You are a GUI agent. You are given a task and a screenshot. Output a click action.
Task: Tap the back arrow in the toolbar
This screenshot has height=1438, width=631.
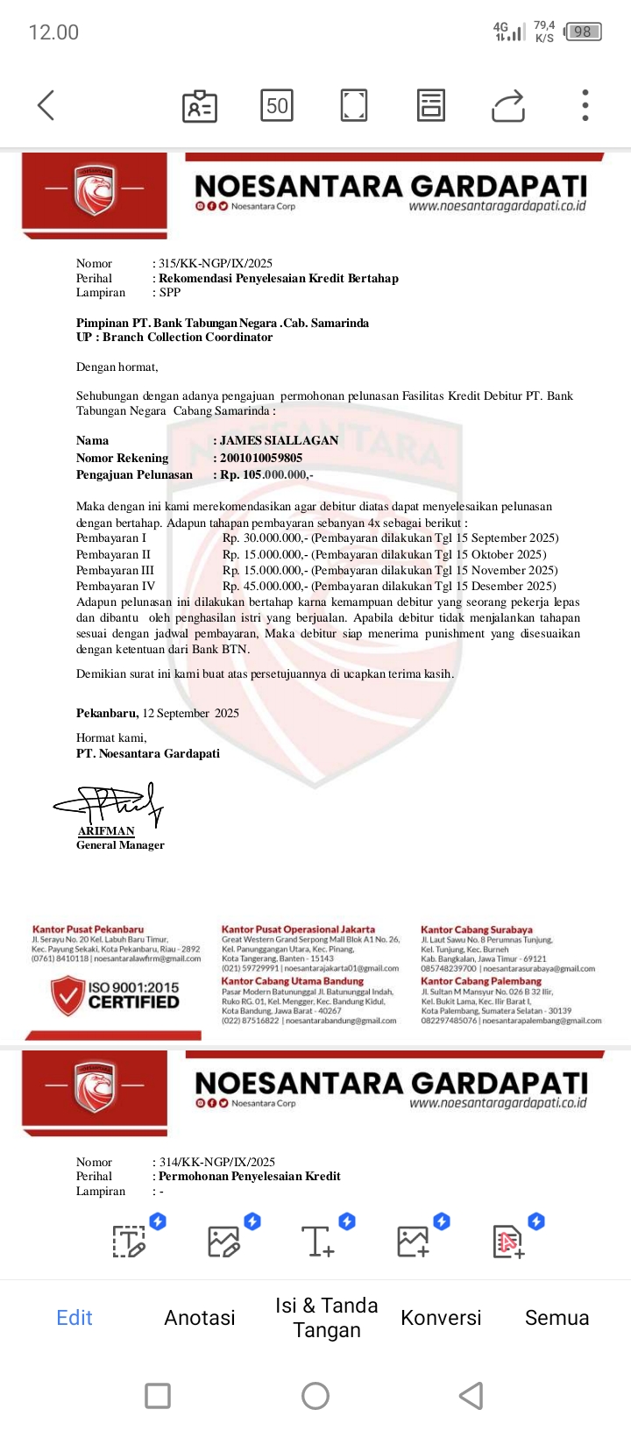[x=46, y=105]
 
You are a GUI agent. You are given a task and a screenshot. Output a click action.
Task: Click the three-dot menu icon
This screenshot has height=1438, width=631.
[x=585, y=105]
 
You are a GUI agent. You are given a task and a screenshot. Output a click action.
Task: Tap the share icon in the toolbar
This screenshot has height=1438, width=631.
[x=508, y=106]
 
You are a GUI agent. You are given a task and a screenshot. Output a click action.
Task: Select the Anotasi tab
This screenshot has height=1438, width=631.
[x=200, y=1318]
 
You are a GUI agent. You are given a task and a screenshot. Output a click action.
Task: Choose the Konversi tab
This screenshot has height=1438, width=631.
[x=441, y=1318]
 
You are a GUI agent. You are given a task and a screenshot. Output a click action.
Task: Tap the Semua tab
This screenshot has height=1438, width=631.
[x=557, y=1318]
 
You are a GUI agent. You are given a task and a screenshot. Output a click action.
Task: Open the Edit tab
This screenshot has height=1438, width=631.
[x=74, y=1318]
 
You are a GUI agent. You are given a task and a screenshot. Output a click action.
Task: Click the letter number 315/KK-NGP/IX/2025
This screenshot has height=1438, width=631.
[x=216, y=263]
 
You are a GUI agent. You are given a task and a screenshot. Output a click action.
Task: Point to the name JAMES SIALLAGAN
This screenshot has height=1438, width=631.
[x=279, y=440]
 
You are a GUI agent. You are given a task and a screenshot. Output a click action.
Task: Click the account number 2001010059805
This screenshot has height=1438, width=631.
[x=261, y=458]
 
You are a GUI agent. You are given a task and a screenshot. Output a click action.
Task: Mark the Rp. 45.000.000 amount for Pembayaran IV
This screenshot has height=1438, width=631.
[x=265, y=586]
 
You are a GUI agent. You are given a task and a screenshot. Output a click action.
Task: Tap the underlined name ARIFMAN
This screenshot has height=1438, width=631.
[x=106, y=831]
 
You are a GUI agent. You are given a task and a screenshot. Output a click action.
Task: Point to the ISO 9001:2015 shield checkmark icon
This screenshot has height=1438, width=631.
[x=67, y=996]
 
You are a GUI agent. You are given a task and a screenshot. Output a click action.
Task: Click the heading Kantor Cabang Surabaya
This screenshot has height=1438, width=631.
[x=476, y=929]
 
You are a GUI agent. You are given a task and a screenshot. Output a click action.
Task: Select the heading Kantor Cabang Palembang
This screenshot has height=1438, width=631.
[x=480, y=981]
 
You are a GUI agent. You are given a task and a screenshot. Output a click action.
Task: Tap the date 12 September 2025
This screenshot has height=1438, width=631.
[x=190, y=713]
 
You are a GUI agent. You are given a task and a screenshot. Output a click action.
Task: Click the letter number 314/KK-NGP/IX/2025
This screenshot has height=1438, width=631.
[x=217, y=1162]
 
